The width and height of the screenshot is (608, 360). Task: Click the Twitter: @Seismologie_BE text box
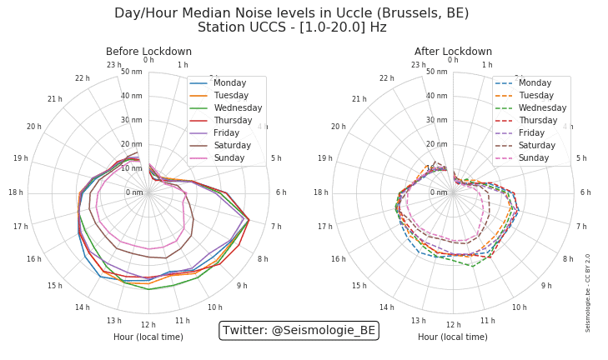299,331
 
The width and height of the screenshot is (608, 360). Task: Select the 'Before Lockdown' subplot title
148,52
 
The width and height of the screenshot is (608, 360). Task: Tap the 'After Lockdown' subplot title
453,52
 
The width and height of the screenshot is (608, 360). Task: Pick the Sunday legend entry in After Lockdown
534,158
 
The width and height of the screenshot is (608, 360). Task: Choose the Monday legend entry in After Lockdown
535,83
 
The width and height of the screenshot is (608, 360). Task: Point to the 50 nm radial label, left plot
132,72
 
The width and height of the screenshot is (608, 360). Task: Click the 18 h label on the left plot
16,192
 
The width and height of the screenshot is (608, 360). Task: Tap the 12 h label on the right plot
453,325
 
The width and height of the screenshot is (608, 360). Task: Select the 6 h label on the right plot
585,192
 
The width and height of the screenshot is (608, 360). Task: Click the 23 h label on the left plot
114,65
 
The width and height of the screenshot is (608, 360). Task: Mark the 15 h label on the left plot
54,286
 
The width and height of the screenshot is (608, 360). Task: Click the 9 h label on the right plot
546,286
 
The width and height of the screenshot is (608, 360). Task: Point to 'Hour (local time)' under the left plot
148,337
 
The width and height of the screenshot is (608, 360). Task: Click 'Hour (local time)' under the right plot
453,337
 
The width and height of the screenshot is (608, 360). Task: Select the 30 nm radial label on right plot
437,120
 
